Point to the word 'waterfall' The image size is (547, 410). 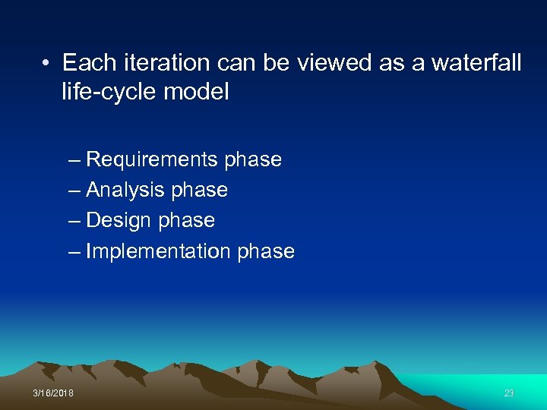pos(476,63)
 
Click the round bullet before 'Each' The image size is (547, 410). pos(47,64)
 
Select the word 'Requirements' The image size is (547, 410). pos(152,160)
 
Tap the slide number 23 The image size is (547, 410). pos(509,393)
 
